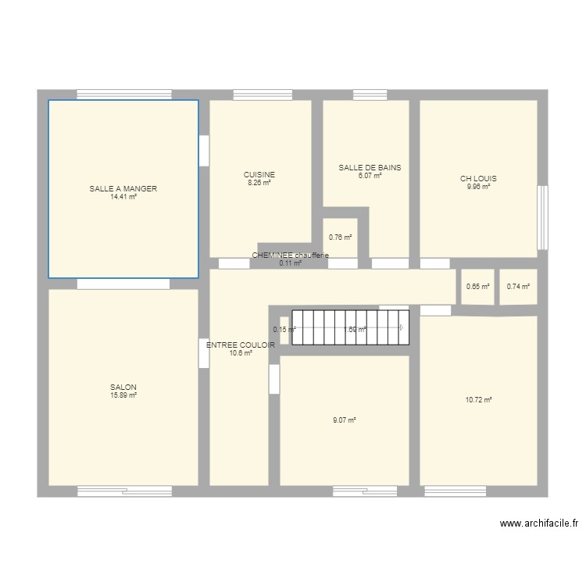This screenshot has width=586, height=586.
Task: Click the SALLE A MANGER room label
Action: point(123,189)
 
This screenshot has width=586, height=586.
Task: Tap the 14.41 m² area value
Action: point(123,197)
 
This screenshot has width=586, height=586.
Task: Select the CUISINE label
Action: point(259,175)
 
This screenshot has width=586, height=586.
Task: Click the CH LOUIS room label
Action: point(478,179)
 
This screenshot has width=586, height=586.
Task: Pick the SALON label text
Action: point(123,388)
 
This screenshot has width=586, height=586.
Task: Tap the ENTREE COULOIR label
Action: point(241,345)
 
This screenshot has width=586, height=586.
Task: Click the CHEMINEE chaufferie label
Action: point(290,255)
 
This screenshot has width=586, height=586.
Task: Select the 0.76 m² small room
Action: point(340,238)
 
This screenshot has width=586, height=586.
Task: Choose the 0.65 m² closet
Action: point(477,287)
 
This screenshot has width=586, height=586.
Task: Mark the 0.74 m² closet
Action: point(518,287)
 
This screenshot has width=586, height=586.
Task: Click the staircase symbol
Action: point(350,328)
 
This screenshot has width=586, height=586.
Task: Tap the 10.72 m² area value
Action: point(478,400)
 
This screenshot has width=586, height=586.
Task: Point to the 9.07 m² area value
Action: point(344,420)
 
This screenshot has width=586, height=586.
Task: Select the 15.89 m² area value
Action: point(123,396)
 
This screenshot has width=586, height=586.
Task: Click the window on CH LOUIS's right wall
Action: point(541,216)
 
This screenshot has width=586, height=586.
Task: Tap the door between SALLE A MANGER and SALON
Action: point(123,284)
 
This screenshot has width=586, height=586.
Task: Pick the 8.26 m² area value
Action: point(259,183)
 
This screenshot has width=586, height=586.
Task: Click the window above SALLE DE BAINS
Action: point(364,95)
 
